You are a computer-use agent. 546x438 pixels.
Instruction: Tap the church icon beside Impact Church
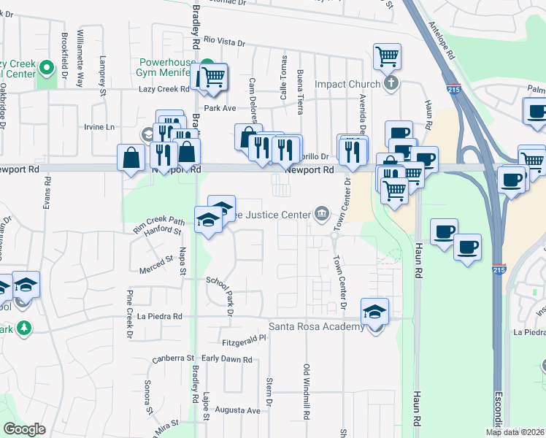[x=391, y=83]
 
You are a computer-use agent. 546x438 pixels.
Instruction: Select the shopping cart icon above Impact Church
[x=387, y=55]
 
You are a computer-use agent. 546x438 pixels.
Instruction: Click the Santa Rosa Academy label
[x=317, y=326]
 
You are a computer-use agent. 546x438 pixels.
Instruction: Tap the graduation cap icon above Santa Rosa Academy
[x=374, y=310]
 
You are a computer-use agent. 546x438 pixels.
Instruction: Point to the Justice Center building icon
[x=321, y=213]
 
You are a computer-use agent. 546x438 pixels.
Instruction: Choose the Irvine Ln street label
[x=100, y=126]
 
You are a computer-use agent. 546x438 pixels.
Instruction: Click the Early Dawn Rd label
[x=226, y=359]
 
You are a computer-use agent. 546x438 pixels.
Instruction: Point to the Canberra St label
[x=173, y=358]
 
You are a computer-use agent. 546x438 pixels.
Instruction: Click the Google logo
[x=25, y=429]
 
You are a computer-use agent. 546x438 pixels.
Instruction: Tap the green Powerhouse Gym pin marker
[x=207, y=64]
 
